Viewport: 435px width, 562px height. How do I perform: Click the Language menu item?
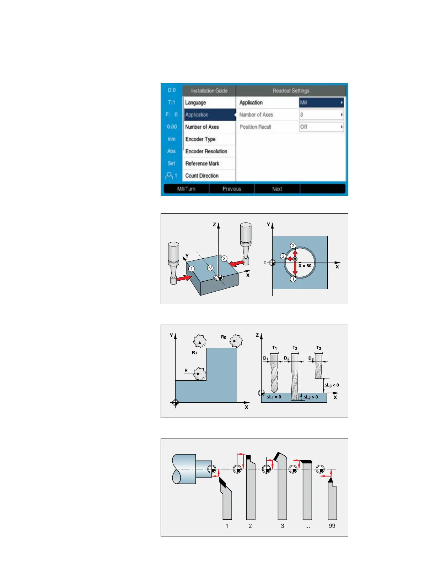(195, 103)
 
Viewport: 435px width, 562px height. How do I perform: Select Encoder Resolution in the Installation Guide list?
(206, 151)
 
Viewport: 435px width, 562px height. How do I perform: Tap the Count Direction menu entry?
(202, 176)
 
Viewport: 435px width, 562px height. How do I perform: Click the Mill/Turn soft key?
(186, 189)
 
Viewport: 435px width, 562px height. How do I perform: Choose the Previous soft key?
(232, 189)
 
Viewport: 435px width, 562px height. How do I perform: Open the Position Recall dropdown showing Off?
(321, 127)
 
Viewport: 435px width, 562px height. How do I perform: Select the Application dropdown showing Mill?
(321, 103)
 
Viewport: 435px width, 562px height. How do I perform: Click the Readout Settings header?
(291, 90)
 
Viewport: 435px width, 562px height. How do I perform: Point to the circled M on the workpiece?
(210, 268)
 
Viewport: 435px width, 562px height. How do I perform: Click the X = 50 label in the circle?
(305, 266)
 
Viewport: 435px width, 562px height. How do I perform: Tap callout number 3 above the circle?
(293, 246)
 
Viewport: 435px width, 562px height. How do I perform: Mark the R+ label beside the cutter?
(195, 353)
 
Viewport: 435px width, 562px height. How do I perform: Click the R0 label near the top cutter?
(224, 337)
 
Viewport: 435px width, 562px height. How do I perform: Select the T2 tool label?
(295, 348)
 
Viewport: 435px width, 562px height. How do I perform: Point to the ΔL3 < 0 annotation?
(332, 385)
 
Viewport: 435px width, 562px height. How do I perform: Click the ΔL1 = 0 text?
(274, 397)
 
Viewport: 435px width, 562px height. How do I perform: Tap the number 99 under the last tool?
(332, 525)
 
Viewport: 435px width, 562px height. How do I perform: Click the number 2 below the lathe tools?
(250, 525)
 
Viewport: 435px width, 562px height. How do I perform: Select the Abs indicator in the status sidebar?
(171, 151)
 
